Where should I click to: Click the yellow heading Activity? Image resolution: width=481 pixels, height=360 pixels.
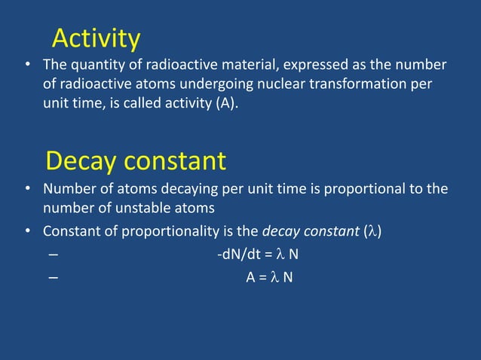(x=96, y=38)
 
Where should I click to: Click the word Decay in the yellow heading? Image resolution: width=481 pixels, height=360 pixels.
(x=81, y=160)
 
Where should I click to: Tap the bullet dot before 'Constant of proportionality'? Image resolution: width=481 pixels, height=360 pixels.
(x=28, y=231)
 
